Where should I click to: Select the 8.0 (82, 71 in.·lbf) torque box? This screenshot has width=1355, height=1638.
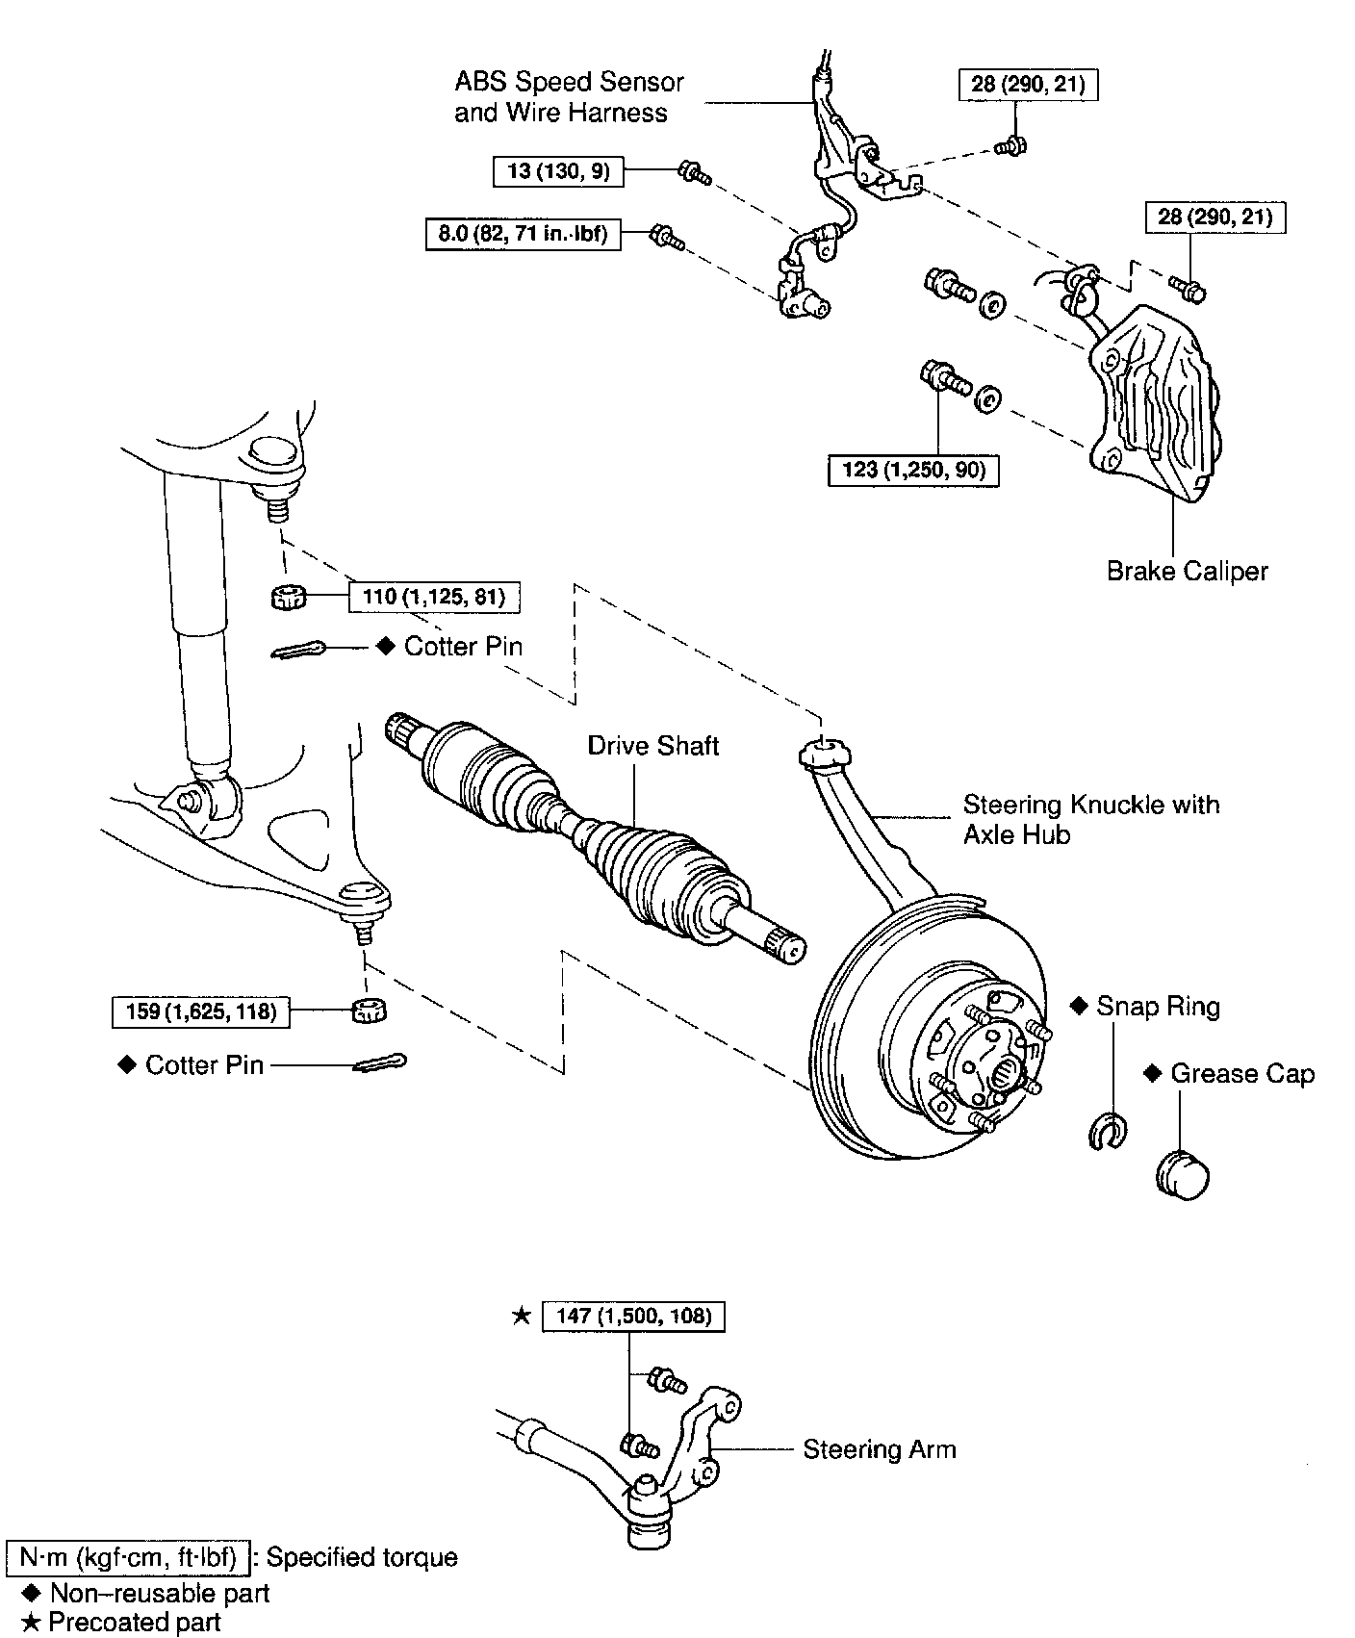523,234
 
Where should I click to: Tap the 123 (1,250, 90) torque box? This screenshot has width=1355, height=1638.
912,470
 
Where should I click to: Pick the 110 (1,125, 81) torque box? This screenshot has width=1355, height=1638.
433,597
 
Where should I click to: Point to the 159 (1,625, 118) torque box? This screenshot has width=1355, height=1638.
201,1011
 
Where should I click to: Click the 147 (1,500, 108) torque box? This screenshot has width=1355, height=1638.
633,1316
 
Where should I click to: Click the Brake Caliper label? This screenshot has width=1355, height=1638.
1187,572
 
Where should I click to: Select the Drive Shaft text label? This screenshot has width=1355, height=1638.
653,746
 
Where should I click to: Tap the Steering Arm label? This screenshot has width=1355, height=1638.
880,1449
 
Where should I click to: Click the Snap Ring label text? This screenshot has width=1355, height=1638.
1158,1007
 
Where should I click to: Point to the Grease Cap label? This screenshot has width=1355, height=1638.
1241,1074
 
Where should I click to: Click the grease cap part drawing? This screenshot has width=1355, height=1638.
1182,1174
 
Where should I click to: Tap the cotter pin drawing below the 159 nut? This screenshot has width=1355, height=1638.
381,1063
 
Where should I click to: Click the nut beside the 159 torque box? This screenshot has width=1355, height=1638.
369,1011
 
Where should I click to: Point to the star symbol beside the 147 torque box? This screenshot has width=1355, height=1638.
521,1316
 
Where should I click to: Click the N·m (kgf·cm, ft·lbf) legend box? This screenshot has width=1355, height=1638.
128,1557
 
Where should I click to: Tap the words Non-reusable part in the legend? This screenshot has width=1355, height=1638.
160,1594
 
